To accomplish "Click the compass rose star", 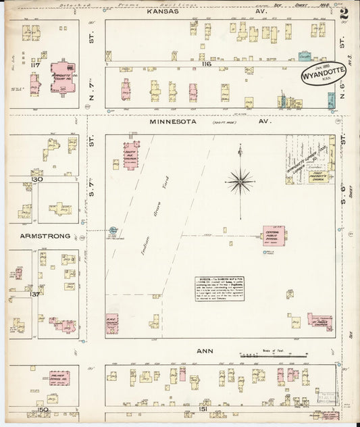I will click(x=240, y=180).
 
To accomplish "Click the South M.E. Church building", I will click(x=130, y=154).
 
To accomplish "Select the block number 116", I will click(x=205, y=63).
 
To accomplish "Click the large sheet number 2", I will click(x=344, y=13).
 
